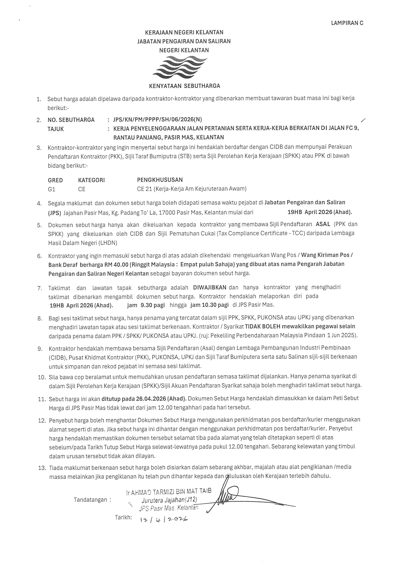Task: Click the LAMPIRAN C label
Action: [x=347, y=23]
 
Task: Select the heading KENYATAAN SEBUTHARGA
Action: [x=184, y=86]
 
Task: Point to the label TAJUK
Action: [x=56, y=129]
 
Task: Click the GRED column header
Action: [x=55, y=180]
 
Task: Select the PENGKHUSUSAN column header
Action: [x=160, y=180]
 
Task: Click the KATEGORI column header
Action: [x=91, y=180]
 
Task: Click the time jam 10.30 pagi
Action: [x=209, y=305]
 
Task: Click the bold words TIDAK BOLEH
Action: [x=263, y=326]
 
